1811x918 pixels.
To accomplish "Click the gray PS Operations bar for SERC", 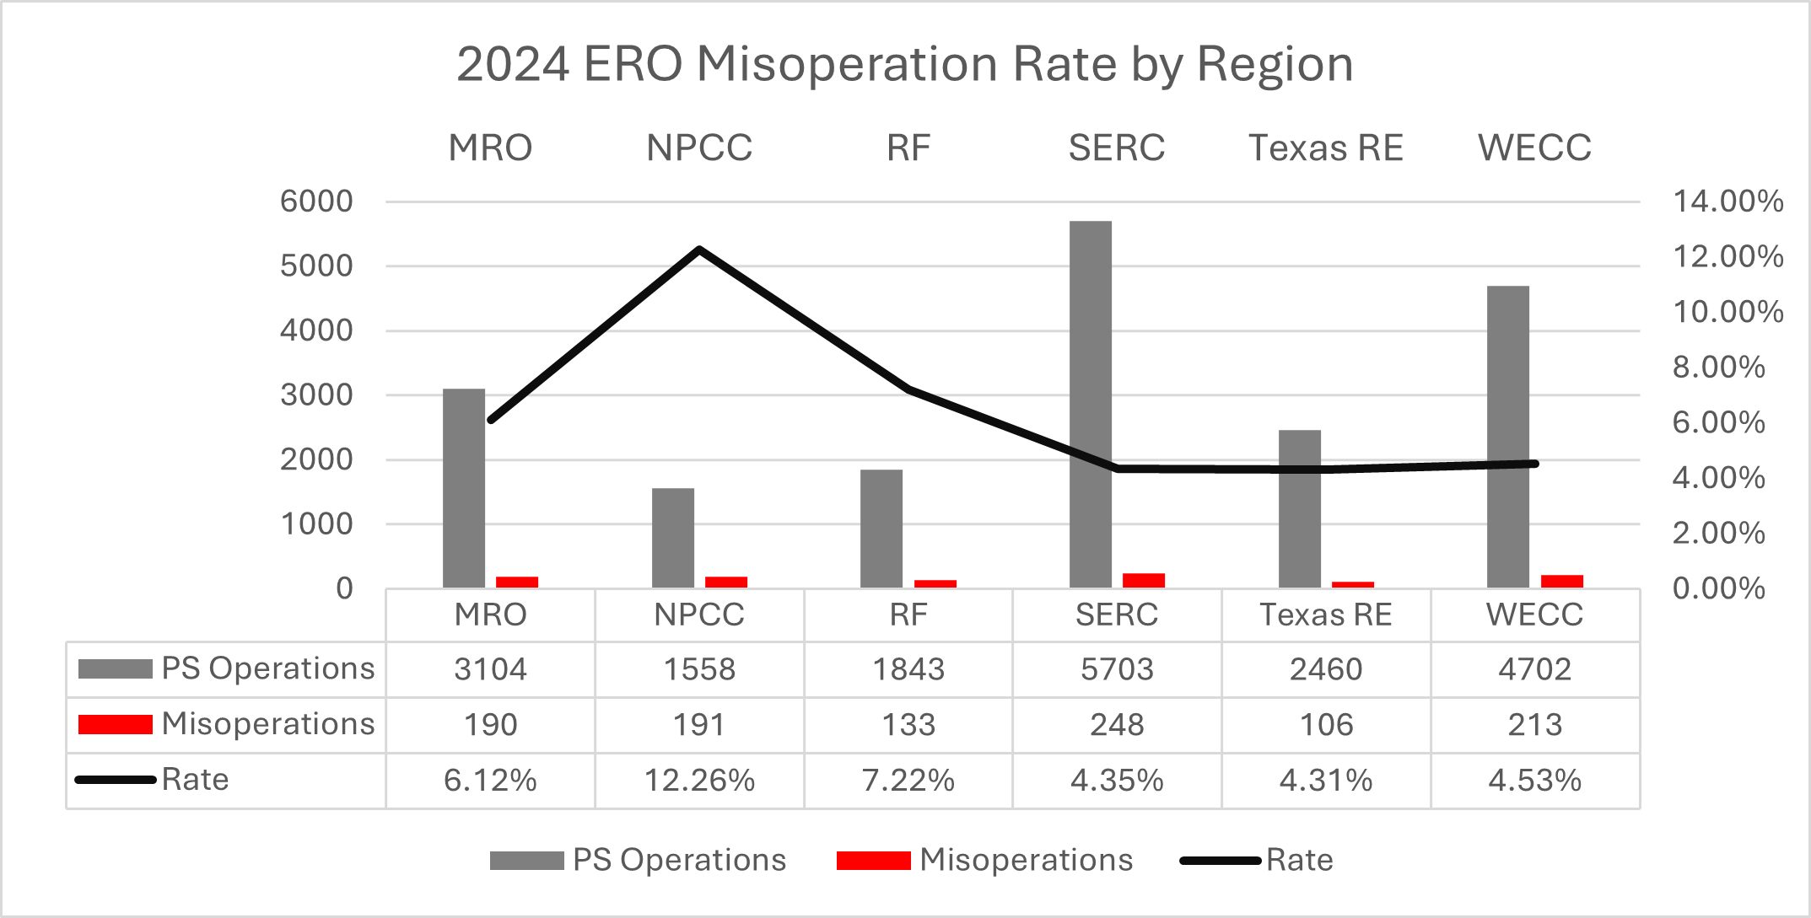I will pos(1090,405).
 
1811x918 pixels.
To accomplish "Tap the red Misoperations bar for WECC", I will pos(1561,581).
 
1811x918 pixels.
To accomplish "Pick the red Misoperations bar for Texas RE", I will pos(1352,584).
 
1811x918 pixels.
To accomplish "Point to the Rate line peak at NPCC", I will pos(699,250).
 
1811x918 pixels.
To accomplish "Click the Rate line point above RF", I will pos(908,389).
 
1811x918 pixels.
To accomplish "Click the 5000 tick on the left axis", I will pos(316,266).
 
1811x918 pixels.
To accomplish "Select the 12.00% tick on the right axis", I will pos(1727,256).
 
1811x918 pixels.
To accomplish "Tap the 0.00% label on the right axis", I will pos(1718,588).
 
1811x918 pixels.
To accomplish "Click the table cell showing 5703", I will pos(1117,669).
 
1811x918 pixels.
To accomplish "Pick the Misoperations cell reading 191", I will pos(699,725).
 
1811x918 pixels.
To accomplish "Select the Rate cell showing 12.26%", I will pos(699,781).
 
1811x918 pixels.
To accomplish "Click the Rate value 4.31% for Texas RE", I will pos(1325,781).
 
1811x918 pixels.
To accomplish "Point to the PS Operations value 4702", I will pos(1534,669).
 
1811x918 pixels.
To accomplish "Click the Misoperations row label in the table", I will pos(267,724).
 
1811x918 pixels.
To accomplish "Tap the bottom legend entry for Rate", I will pos(1299,860).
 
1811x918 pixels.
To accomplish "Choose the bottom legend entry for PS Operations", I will pos(678,860).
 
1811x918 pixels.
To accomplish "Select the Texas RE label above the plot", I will pos(1325,148).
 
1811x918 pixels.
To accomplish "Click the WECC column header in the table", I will pos(1534,615).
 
